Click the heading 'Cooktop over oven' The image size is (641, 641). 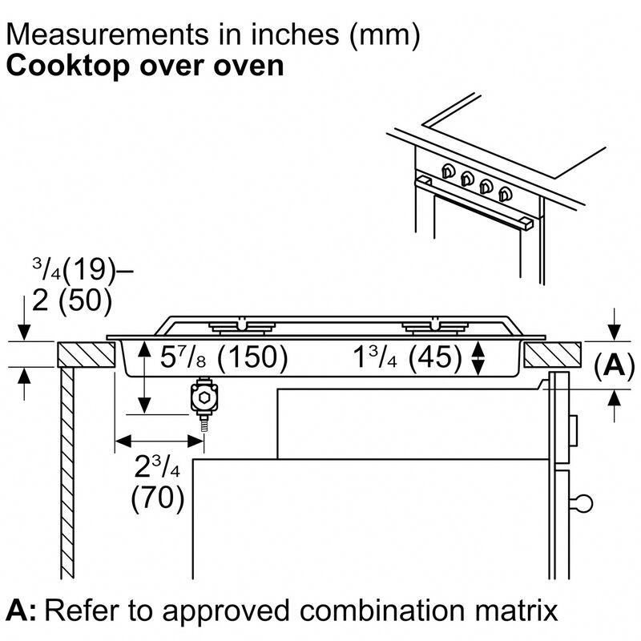(145, 65)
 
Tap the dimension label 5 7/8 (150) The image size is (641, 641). (224, 358)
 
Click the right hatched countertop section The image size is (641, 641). (552, 353)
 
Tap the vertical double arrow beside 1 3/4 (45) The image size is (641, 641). (479, 357)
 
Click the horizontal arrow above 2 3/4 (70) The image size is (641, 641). (159, 439)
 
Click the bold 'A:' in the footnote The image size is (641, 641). (22, 611)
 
